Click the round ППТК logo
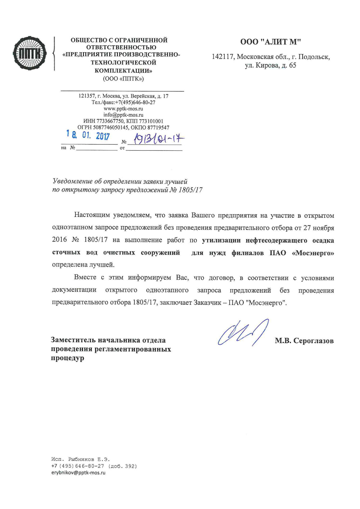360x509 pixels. [x=30, y=54]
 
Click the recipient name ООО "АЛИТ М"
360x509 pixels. [x=270, y=42]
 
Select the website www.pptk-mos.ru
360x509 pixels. [x=123, y=109]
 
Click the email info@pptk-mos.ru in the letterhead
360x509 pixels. [x=123, y=115]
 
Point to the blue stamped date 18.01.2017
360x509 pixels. [x=88, y=136]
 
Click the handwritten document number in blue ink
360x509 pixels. [x=159, y=139]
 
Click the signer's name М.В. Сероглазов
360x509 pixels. [x=304, y=341]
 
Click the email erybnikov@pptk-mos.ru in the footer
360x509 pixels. [x=78, y=473]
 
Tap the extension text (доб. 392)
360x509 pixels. [x=122, y=466]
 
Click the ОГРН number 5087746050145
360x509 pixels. [x=111, y=127]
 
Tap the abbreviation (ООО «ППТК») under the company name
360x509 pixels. [x=123, y=79]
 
